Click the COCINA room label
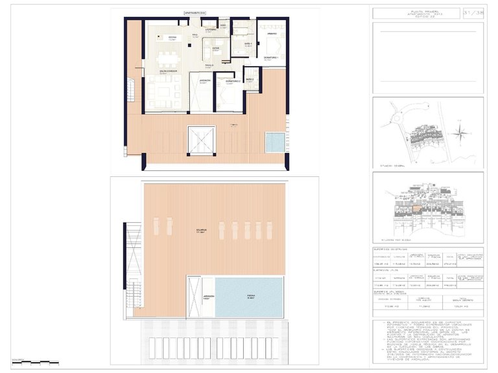(172, 38)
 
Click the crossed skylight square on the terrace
(200, 140)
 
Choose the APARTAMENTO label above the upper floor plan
(196, 12)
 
